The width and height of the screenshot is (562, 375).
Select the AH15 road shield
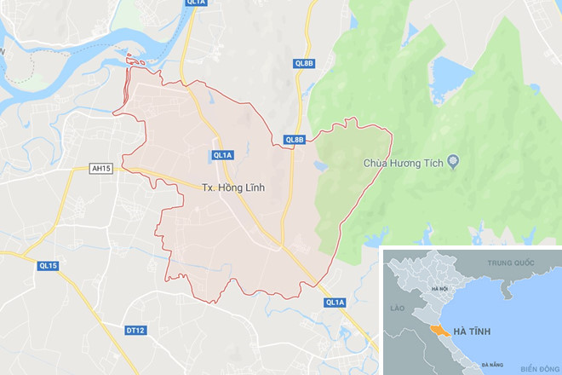point(101,169)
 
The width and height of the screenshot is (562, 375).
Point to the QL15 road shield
point(48,266)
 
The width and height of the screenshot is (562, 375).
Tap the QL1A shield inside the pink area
point(222,155)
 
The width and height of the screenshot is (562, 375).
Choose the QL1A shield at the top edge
point(196,3)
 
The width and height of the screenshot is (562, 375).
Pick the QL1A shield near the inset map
point(335,303)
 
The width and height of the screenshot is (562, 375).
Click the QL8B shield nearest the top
point(304,63)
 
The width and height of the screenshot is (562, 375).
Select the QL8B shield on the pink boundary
point(294,140)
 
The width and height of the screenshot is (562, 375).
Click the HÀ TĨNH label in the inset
point(471,330)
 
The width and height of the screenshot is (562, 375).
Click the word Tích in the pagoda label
point(434,162)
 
